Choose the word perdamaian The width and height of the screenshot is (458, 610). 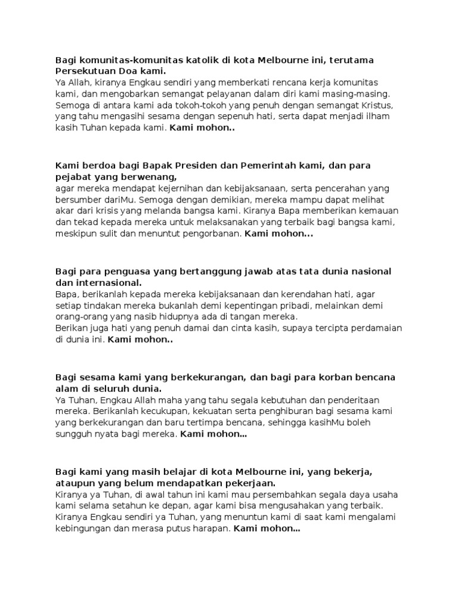point(372,328)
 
